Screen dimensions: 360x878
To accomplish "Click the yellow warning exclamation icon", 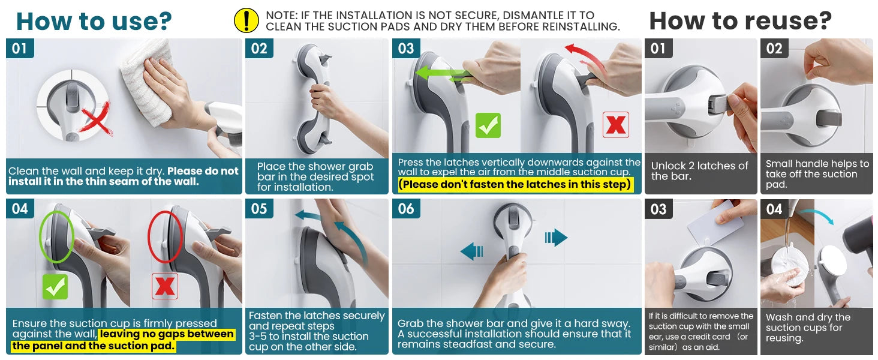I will point(246,20).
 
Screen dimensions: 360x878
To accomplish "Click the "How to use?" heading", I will point(94,21).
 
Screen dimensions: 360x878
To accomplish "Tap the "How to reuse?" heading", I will point(740,21).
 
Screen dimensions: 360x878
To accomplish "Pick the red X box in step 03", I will point(615,125).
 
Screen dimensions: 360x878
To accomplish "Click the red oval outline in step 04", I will point(164,236).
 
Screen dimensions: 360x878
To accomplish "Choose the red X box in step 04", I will point(164,287).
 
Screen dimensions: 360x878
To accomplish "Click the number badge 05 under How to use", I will point(259,209).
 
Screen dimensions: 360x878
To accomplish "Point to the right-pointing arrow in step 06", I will point(556,238).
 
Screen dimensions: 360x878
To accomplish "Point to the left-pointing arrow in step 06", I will point(473,250).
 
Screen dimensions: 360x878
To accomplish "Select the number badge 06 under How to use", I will point(406,209).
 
